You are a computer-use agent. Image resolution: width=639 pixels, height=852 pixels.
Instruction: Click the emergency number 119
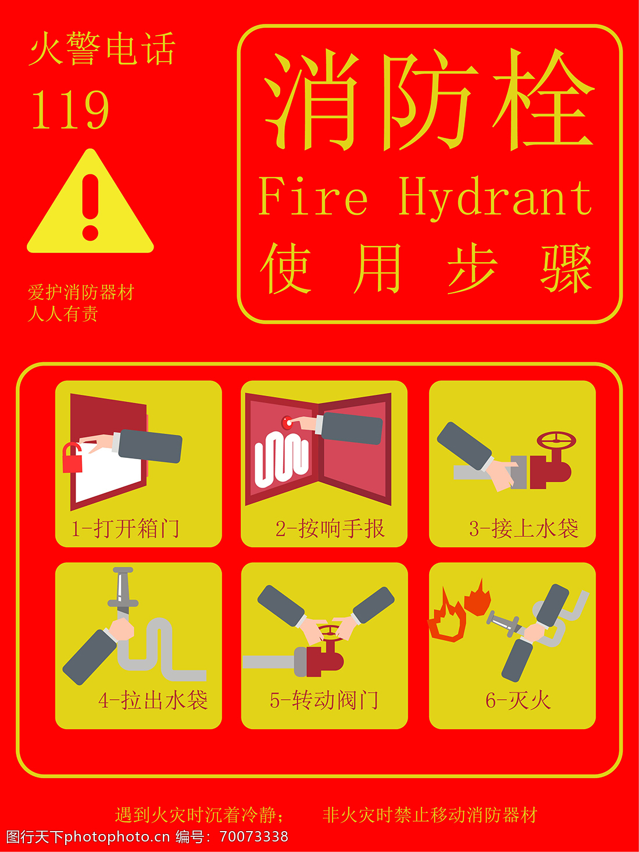[70, 109]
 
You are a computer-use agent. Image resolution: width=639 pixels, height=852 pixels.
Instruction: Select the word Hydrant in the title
[495, 199]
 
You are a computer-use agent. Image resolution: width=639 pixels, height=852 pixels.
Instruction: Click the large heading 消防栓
[429, 100]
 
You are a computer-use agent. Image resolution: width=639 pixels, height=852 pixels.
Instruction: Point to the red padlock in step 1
[72, 457]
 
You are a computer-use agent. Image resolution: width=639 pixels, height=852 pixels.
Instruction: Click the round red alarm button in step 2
[287, 423]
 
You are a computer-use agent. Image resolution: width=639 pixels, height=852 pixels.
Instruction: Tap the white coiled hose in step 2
[281, 459]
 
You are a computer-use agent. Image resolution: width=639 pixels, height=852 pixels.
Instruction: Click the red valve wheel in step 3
[556, 441]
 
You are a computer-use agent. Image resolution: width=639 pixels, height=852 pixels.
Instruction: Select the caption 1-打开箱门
[126, 528]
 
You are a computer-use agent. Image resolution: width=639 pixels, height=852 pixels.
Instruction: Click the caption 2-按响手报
[330, 528]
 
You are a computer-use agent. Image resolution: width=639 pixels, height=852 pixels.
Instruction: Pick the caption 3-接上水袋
[524, 528]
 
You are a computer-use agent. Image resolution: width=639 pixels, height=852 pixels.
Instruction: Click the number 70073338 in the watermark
[254, 836]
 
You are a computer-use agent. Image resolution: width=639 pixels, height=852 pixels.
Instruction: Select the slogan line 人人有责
[63, 314]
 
